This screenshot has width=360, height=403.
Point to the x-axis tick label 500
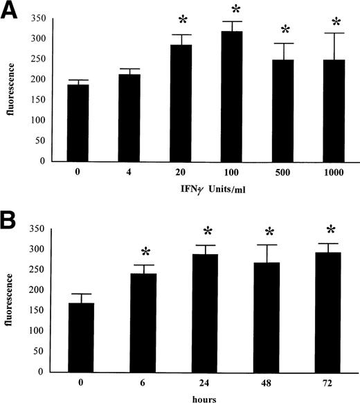pyautogui.click(x=284, y=173)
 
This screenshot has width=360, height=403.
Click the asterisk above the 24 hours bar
pyautogui.click(x=208, y=231)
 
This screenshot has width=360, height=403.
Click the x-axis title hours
pyautogui.click(x=206, y=397)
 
